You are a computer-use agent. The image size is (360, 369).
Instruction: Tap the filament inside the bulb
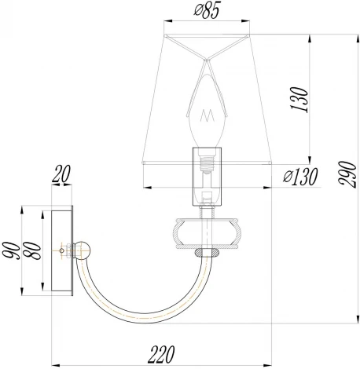tap(208, 116)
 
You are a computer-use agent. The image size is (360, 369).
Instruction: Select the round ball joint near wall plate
tap(83, 250)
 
